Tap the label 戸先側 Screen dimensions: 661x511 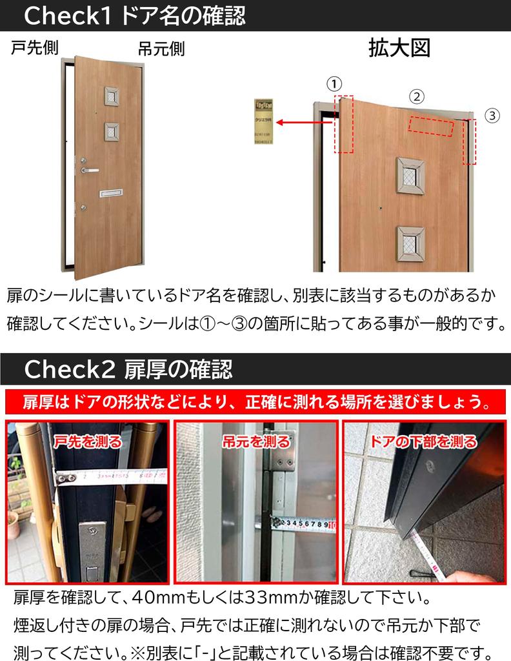[35, 49]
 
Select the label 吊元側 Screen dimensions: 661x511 [161, 49]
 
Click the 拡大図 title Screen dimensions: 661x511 [399, 48]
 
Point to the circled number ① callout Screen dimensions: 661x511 [334, 83]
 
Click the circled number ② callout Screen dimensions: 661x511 [417, 97]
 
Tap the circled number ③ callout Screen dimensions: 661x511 [492, 116]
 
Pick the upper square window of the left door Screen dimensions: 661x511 [112, 96]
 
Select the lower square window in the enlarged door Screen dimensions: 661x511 [411, 243]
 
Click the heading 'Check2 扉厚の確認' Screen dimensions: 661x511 [128, 370]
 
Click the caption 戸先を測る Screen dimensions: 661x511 [88, 442]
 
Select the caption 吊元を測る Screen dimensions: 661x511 [255, 442]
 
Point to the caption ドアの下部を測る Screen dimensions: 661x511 [424, 442]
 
